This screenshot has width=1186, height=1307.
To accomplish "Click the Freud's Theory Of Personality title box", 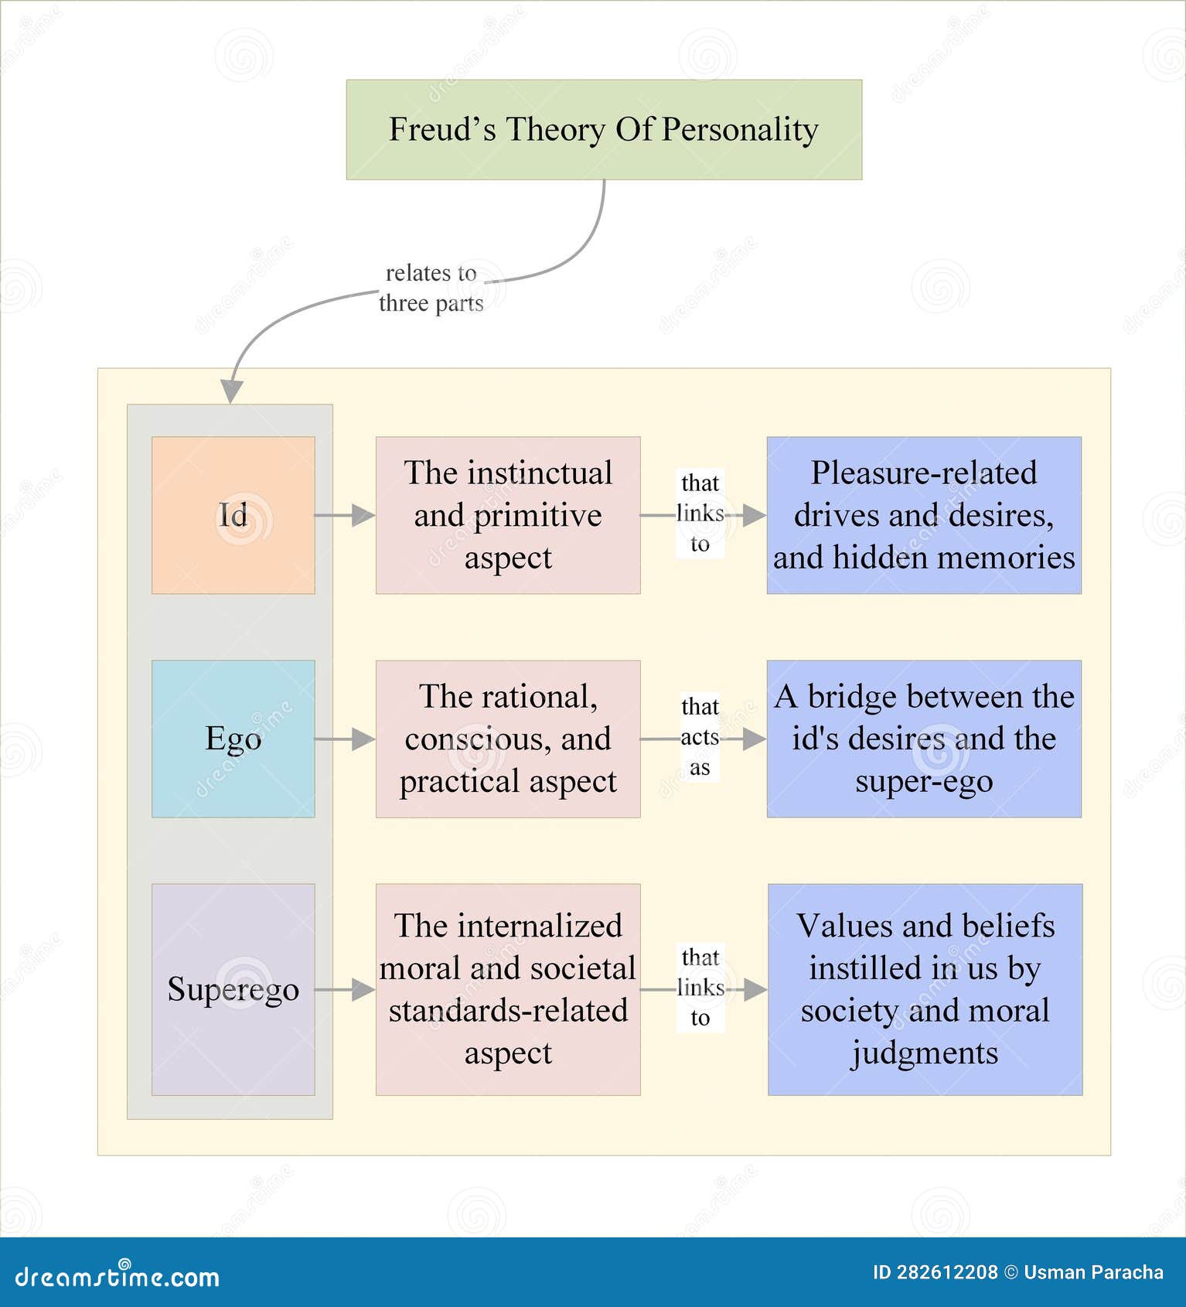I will [x=604, y=129].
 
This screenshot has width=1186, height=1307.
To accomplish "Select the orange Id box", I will [x=233, y=515].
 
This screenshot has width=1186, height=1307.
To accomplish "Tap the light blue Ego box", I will [x=233, y=739].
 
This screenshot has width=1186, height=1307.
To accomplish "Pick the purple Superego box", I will [x=233, y=989].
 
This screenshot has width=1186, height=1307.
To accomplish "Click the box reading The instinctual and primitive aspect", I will [x=508, y=515].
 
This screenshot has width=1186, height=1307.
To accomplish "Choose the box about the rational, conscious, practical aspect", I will [x=508, y=739].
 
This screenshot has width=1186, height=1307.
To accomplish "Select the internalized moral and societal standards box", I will [x=508, y=989].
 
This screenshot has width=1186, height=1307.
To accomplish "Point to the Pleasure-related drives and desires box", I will [x=924, y=515].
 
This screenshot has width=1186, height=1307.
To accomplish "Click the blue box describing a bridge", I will [x=924, y=739].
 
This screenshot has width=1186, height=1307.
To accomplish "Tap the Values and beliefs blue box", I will [x=925, y=989].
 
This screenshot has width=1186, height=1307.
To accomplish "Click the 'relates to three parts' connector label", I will [x=431, y=288].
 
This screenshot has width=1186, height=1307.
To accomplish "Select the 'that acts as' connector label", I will [x=700, y=737].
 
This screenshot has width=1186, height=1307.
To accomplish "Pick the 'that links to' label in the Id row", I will [x=700, y=514].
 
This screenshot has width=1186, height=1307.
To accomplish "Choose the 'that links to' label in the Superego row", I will [x=700, y=988].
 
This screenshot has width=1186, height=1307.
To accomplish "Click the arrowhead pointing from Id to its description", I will [x=363, y=515].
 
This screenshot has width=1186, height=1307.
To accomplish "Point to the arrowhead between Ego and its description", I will [x=363, y=739].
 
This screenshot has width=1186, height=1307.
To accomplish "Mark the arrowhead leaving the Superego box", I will [x=363, y=989].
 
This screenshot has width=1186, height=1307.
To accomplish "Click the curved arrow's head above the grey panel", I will [x=231, y=391].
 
